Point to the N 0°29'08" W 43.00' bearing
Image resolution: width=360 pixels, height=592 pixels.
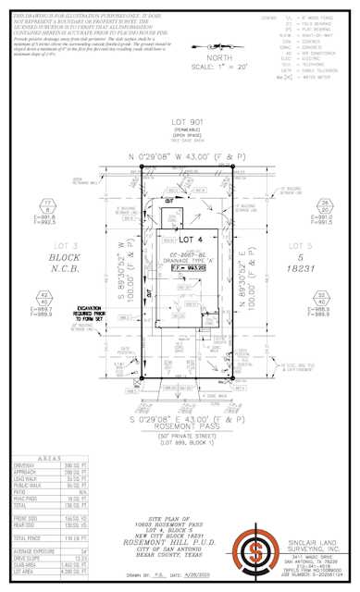(180, 159)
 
